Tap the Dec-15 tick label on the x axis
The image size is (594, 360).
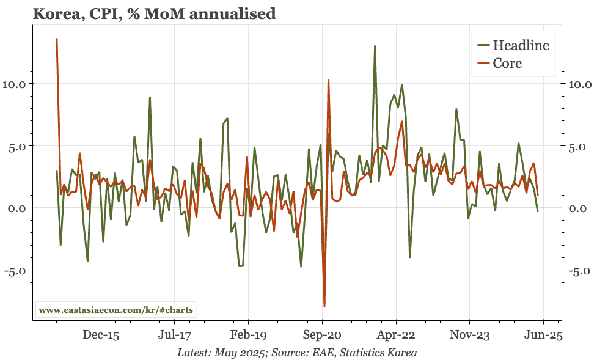pyautogui.click(x=101, y=334)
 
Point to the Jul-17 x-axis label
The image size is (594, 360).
pyautogui.click(x=175, y=334)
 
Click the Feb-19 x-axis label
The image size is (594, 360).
pyautogui.click(x=248, y=334)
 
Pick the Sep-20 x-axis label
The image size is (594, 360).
pyautogui.click(x=322, y=334)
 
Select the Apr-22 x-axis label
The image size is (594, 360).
pyautogui.click(x=396, y=334)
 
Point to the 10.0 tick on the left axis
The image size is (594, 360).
pyautogui.click(x=21, y=84)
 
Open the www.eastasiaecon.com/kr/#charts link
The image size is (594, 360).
pyautogui.click(x=116, y=310)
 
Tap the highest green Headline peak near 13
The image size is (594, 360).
pyautogui.click(x=375, y=46)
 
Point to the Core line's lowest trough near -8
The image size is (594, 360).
pyautogui.click(x=324, y=306)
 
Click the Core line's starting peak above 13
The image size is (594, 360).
pyautogui.click(x=57, y=39)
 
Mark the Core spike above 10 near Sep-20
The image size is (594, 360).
pyautogui.click(x=328, y=80)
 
